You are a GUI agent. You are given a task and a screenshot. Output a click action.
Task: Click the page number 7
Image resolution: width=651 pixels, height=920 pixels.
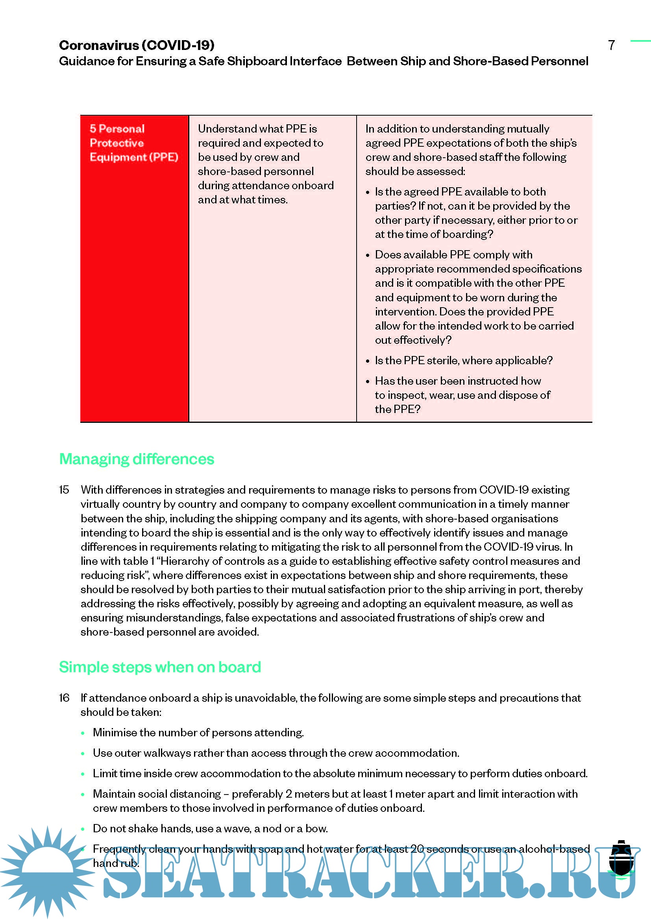coord(611,45)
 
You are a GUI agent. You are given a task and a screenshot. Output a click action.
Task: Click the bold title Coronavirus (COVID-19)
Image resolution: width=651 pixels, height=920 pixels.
coord(137,45)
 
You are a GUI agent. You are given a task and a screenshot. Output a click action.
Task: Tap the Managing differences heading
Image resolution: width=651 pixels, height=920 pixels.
coord(137,459)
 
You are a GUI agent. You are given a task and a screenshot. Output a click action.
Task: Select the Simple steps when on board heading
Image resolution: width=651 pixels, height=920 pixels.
coord(160,667)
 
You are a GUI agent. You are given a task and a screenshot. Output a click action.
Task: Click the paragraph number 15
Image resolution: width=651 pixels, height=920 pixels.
coord(64,490)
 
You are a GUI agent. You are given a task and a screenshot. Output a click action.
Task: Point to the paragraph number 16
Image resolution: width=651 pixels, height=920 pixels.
coord(64,698)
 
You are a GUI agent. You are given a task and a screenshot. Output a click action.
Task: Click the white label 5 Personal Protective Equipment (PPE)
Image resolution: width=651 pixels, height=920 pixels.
coord(134,143)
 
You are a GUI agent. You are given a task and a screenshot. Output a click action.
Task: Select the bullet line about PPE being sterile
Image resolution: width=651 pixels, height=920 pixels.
coord(463,361)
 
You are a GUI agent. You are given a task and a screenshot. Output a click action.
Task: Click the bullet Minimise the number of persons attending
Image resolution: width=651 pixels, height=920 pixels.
coord(198,732)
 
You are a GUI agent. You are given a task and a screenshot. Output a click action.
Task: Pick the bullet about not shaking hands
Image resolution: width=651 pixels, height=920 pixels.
coord(210,828)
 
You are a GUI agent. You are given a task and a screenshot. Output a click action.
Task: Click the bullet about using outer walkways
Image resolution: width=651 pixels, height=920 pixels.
coord(276,753)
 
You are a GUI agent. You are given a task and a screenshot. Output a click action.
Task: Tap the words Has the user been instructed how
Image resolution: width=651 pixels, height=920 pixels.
coord(458,381)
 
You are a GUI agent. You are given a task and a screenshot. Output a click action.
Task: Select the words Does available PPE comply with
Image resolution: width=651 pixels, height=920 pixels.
coord(454,255)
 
